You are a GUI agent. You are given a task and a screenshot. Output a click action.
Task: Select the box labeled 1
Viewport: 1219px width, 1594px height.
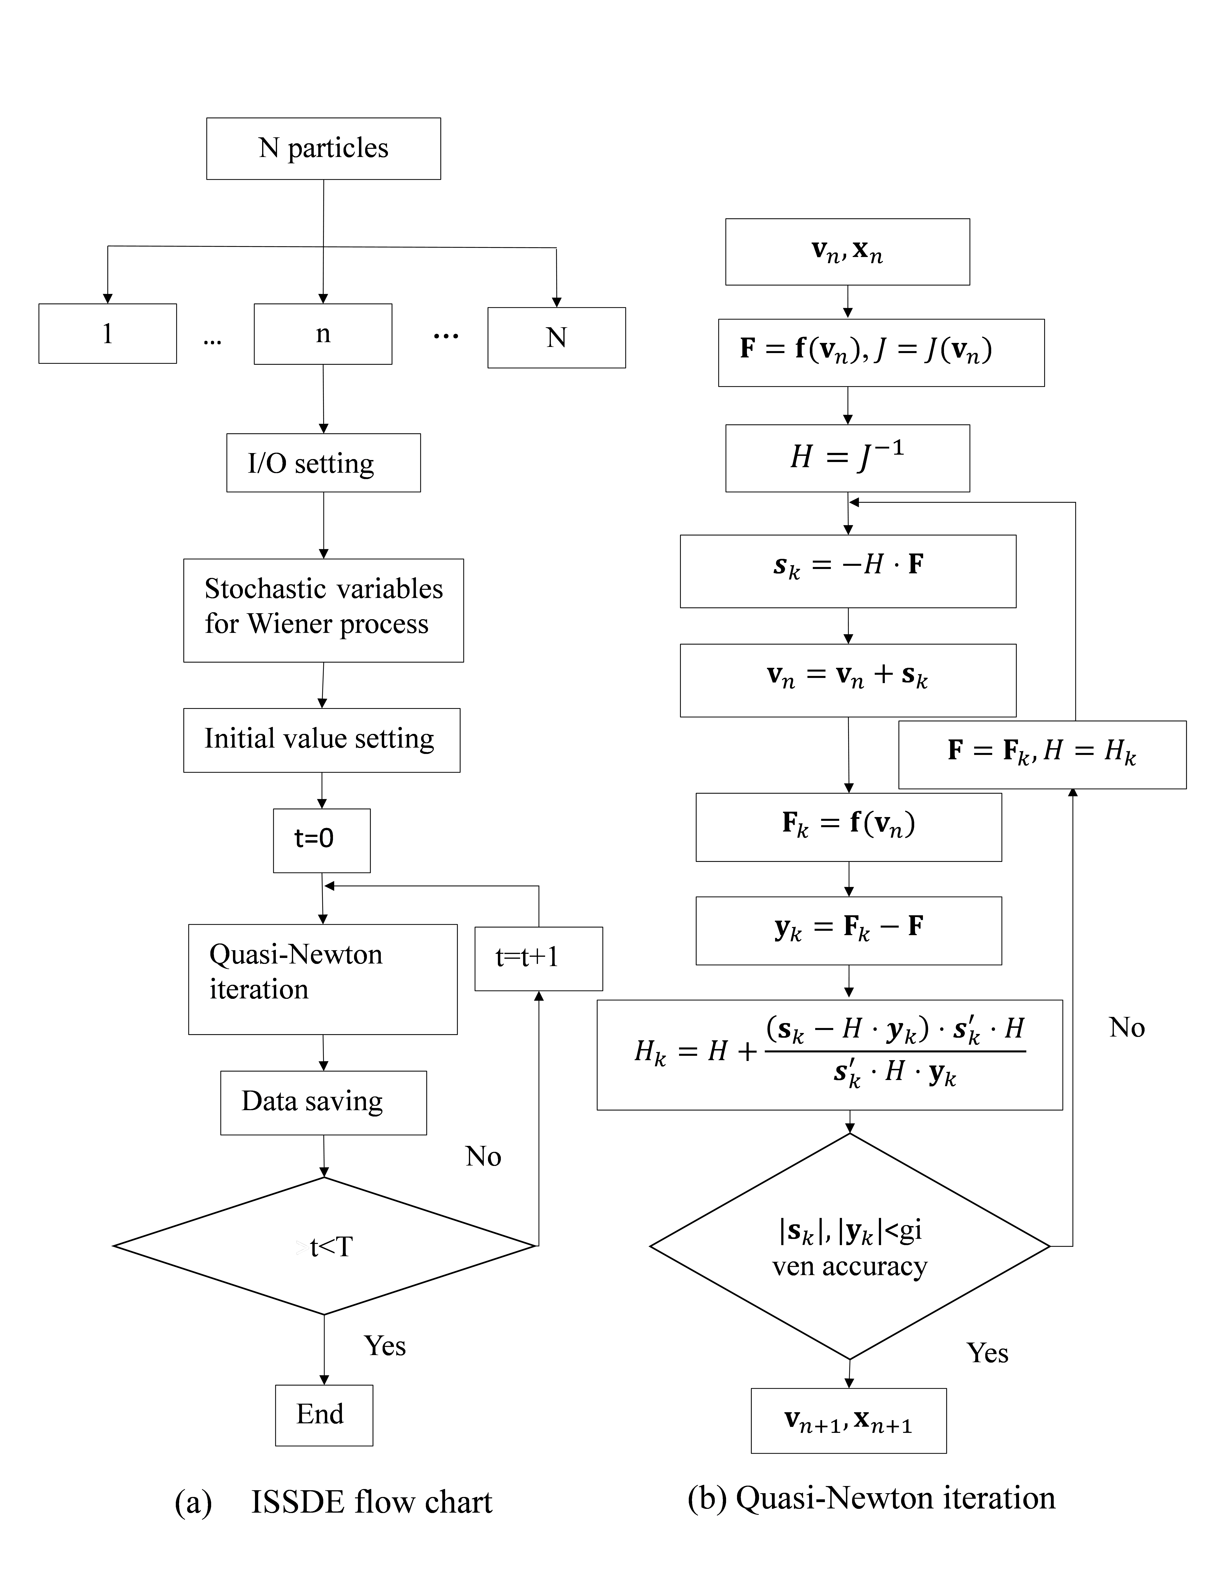[107, 334]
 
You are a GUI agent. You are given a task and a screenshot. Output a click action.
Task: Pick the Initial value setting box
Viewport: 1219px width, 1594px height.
[321, 740]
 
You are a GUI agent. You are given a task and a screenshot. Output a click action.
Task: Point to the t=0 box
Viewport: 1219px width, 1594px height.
[321, 840]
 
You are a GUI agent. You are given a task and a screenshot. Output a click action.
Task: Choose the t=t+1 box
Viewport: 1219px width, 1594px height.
[538, 958]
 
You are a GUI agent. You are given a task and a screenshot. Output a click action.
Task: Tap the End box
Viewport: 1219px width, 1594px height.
[324, 1415]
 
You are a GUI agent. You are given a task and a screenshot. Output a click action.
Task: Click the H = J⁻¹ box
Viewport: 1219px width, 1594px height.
[848, 458]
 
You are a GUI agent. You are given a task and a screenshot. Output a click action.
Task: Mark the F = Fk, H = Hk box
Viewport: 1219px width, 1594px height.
[1042, 755]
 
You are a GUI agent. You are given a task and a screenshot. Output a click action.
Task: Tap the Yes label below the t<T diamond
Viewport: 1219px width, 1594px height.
[385, 1346]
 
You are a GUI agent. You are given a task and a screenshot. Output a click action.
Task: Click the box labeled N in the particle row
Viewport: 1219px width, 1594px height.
[557, 338]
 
